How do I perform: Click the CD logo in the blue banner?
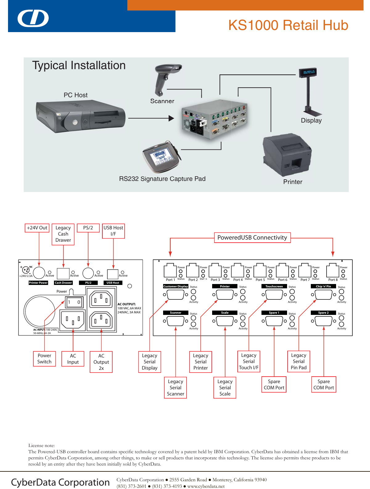(33, 19)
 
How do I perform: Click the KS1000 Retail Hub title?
(288, 25)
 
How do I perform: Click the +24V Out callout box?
(37, 228)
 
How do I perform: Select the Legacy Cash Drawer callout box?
(63, 234)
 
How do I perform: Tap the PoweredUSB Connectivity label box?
(252, 237)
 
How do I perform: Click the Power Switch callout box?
(44, 359)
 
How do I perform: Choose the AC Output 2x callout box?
(101, 362)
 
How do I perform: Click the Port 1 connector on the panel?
(170, 271)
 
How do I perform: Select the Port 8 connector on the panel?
(333, 271)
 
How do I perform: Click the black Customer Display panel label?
(175, 286)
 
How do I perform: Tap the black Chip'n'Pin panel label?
(323, 286)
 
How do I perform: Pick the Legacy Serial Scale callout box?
(225, 387)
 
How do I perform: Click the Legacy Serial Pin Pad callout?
(298, 361)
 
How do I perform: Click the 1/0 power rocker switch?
(74, 302)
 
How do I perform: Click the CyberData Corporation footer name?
(60, 482)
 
